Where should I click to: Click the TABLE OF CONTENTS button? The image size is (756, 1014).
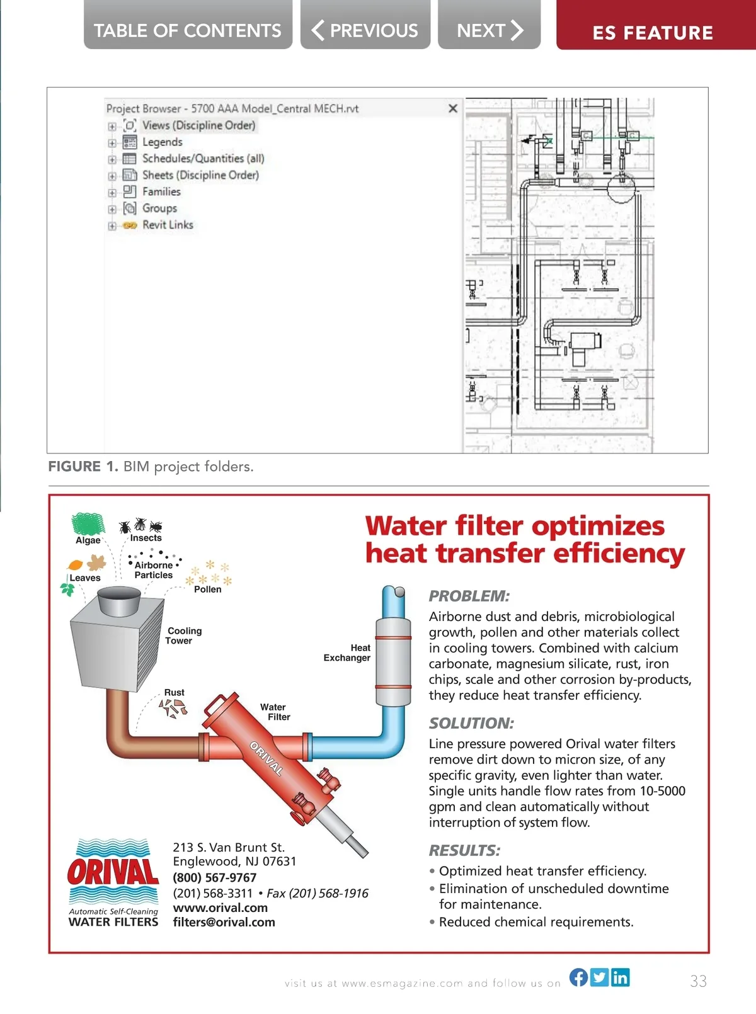tap(188, 30)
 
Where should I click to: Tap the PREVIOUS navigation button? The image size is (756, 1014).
tap(365, 30)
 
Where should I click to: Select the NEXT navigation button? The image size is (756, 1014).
tap(490, 30)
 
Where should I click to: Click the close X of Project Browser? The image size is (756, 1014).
tap(452, 108)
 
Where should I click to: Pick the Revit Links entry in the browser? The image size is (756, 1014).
tap(168, 225)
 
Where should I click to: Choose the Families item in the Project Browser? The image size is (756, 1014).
tap(161, 191)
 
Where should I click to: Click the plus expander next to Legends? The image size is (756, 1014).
tap(112, 143)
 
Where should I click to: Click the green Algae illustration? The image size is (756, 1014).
tap(88, 523)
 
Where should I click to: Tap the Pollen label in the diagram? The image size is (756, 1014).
tap(207, 590)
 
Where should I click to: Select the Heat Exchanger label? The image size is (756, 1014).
tap(347, 652)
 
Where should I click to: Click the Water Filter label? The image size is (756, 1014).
tap(275, 712)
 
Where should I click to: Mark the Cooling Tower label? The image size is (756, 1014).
tap(183, 635)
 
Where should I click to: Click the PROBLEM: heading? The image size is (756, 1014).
tap(469, 596)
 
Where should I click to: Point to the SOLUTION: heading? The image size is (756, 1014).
tap(471, 723)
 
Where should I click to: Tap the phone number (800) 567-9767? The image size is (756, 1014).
tap(215, 877)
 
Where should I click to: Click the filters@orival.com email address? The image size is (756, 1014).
tap(224, 922)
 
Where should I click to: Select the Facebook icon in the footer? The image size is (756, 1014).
tap(578, 977)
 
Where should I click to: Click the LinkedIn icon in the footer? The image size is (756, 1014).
tap(620, 977)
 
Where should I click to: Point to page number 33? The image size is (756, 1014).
tap(698, 981)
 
